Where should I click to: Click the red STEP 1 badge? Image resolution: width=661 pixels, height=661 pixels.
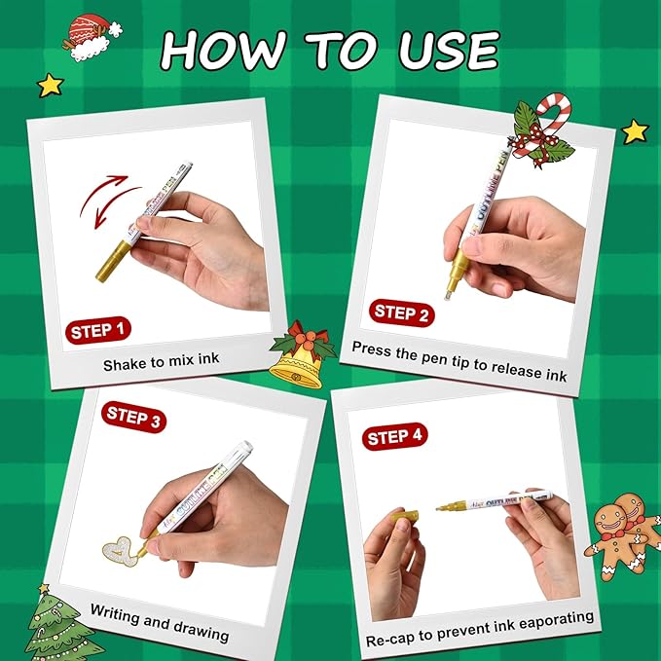(x=98, y=330)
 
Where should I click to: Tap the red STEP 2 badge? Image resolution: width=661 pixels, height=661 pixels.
(x=400, y=312)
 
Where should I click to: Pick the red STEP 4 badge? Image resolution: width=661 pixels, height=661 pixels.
(x=393, y=437)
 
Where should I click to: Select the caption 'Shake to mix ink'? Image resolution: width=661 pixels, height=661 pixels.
(x=162, y=360)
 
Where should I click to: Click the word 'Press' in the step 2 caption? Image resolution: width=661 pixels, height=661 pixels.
(x=373, y=348)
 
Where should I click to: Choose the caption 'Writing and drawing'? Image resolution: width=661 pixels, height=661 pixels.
(x=160, y=624)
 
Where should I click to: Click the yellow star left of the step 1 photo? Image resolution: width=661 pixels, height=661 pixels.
(x=50, y=85)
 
